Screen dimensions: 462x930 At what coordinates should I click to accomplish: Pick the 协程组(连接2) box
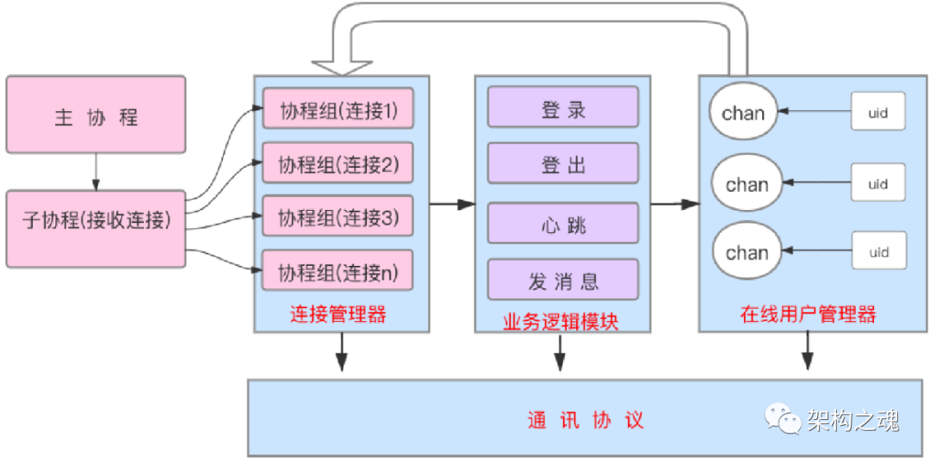(337, 163)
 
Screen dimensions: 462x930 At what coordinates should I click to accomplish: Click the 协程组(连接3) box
(337, 218)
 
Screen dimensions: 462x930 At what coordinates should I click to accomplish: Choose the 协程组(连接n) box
(337, 272)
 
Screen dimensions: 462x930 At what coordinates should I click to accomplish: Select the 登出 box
(563, 164)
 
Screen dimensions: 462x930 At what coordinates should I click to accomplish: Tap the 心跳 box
(563, 225)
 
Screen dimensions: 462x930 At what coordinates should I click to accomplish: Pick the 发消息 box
(563, 280)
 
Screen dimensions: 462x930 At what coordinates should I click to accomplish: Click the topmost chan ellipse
(742, 113)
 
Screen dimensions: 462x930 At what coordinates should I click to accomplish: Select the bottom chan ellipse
(746, 253)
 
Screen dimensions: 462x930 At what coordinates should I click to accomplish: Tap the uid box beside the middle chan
(877, 183)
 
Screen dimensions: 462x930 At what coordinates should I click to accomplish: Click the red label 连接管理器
(338, 315)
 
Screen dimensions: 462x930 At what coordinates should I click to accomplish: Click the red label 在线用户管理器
(808, 315)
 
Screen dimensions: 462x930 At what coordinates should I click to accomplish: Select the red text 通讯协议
(586, 421)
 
